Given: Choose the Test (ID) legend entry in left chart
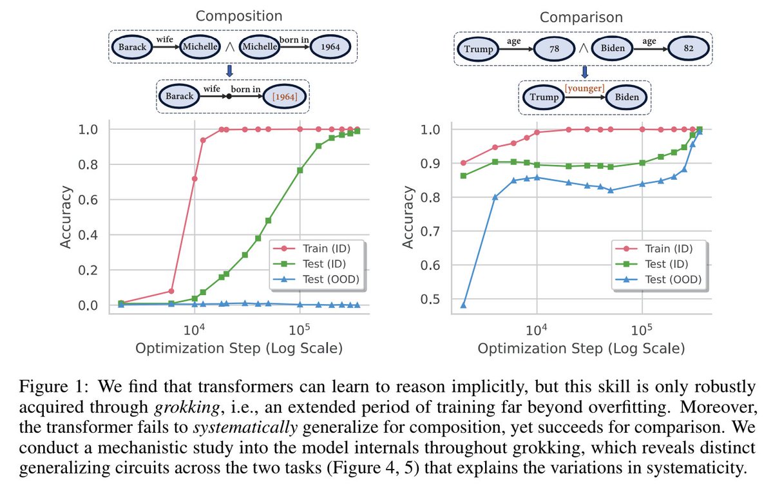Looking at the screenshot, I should pyautogui.click(x=321, y=263).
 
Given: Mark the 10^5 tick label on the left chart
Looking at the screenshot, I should pyautogui.click(x=299, y=326).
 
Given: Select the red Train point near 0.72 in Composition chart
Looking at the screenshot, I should pyautogui.click(x=195, y=178).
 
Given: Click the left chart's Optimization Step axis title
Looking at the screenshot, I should pyautogui.click(x=239, y=349).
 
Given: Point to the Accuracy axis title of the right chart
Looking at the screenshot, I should pyautogui.click(x=407, y=217).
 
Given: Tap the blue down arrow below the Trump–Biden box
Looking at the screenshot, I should pyautogui.click(x=585, y=70).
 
